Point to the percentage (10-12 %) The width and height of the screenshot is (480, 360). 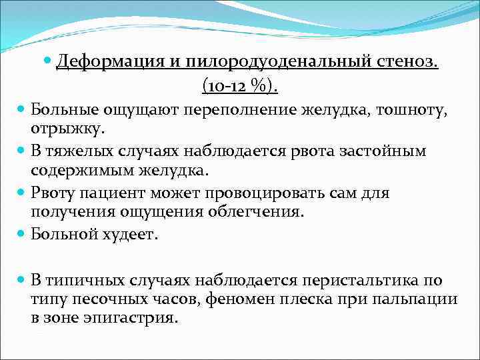pyautogui.click(x=240, y=86)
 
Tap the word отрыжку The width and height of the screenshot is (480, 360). pyautogui.click(x=63, y=127)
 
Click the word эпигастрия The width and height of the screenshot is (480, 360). pyautogui.click(x=131, y=317)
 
